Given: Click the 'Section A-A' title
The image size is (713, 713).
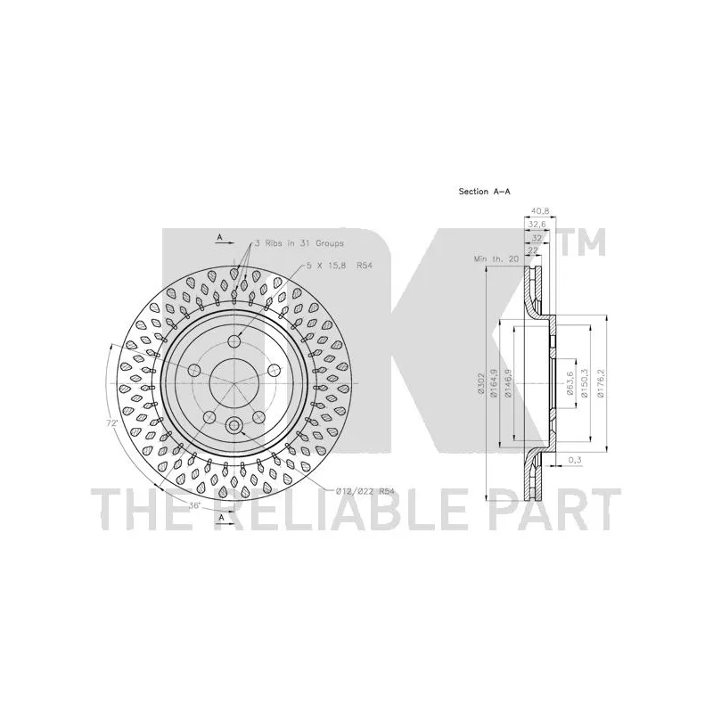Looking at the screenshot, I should (484, 192).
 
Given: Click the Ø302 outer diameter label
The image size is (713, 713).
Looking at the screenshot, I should (480, 384).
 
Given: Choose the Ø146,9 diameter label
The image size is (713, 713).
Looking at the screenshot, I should (509, 384).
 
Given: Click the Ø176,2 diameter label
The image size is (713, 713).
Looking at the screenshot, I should (602, 384).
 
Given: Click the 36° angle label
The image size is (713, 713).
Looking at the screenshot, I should (194, 505).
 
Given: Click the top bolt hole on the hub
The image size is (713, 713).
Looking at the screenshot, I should (234, 340).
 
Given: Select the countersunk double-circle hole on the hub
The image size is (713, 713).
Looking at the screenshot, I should (234, 427).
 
